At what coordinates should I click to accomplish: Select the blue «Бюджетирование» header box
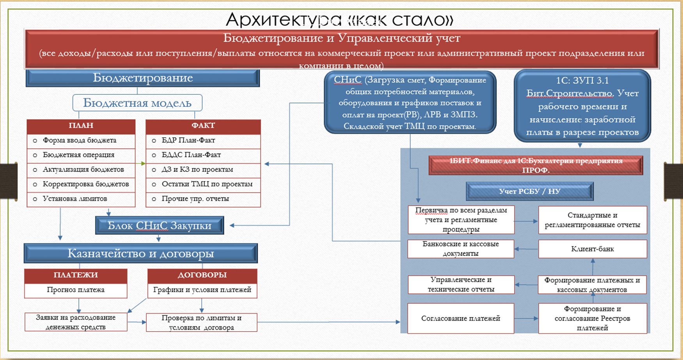143,78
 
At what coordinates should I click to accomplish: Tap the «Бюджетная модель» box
137,103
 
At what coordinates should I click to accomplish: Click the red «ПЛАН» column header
81,126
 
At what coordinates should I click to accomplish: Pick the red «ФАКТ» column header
203,126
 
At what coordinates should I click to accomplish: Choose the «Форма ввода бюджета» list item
80,140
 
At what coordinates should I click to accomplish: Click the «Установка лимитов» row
75,199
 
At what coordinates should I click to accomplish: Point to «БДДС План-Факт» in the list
191,155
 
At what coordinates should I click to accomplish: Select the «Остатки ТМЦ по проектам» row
207,184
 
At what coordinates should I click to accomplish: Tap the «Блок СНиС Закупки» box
160,225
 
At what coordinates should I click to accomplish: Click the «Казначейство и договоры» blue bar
141,254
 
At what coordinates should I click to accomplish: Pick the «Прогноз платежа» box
76,290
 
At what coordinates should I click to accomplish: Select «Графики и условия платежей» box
202,290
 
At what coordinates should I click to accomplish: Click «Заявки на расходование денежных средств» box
76,322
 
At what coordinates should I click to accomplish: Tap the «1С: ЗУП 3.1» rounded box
582,106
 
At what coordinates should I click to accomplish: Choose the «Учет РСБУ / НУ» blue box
529,192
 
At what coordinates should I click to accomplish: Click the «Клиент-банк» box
593,249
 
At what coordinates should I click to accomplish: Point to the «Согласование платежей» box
461,318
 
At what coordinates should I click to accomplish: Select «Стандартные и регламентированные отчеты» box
593,220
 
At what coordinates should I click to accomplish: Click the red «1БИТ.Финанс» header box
536,165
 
